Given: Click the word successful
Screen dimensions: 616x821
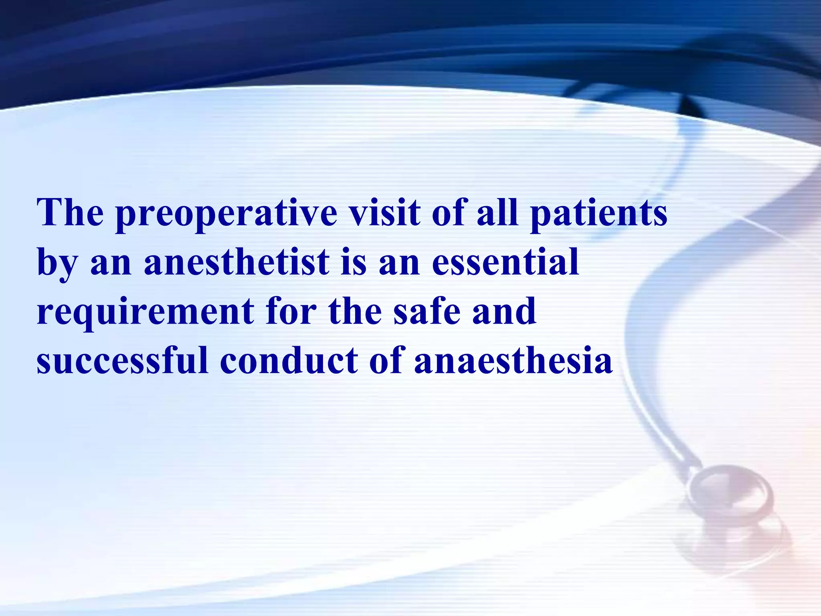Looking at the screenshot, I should (122, 360).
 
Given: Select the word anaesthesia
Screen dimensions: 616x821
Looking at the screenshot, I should (513, 360).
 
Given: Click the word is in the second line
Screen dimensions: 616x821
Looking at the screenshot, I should (354, 263).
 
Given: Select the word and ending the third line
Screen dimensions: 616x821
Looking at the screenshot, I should (504, 311).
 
